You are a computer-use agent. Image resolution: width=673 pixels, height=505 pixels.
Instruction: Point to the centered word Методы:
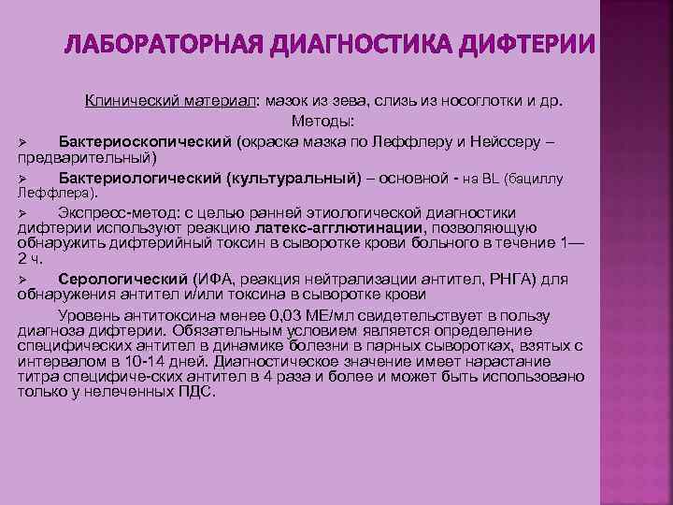click(x=322, y=122)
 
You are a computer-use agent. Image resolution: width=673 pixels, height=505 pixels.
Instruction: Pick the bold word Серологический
click(x=123, y=278)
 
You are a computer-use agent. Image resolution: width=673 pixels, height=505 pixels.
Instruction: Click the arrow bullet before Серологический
click(x=25, y=279)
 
